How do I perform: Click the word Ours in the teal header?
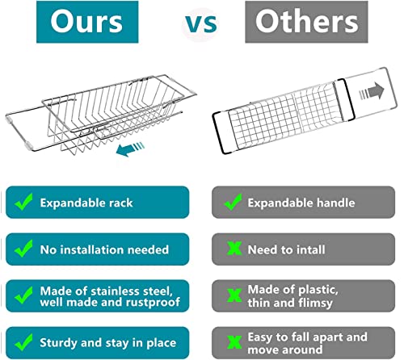tap(86, 21)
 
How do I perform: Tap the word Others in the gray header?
tap(307, 21)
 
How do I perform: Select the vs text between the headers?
tap(201, 24)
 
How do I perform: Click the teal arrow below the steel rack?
tap(130, 149)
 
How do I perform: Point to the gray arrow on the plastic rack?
tap(372, 92)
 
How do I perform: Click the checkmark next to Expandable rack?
tap(24, 202)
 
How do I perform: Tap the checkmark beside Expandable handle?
tap(234, 202)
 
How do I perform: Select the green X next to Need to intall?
tap(234, 249)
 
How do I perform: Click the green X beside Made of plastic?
tap(234, 295)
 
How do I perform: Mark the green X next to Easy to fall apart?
tap(234, 342)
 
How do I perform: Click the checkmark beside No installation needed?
tap(24, 249)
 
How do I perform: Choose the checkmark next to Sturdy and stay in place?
tap(24, 342)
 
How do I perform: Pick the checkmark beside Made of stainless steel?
tap(24, 295)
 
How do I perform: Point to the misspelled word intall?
tap(310, 249)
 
